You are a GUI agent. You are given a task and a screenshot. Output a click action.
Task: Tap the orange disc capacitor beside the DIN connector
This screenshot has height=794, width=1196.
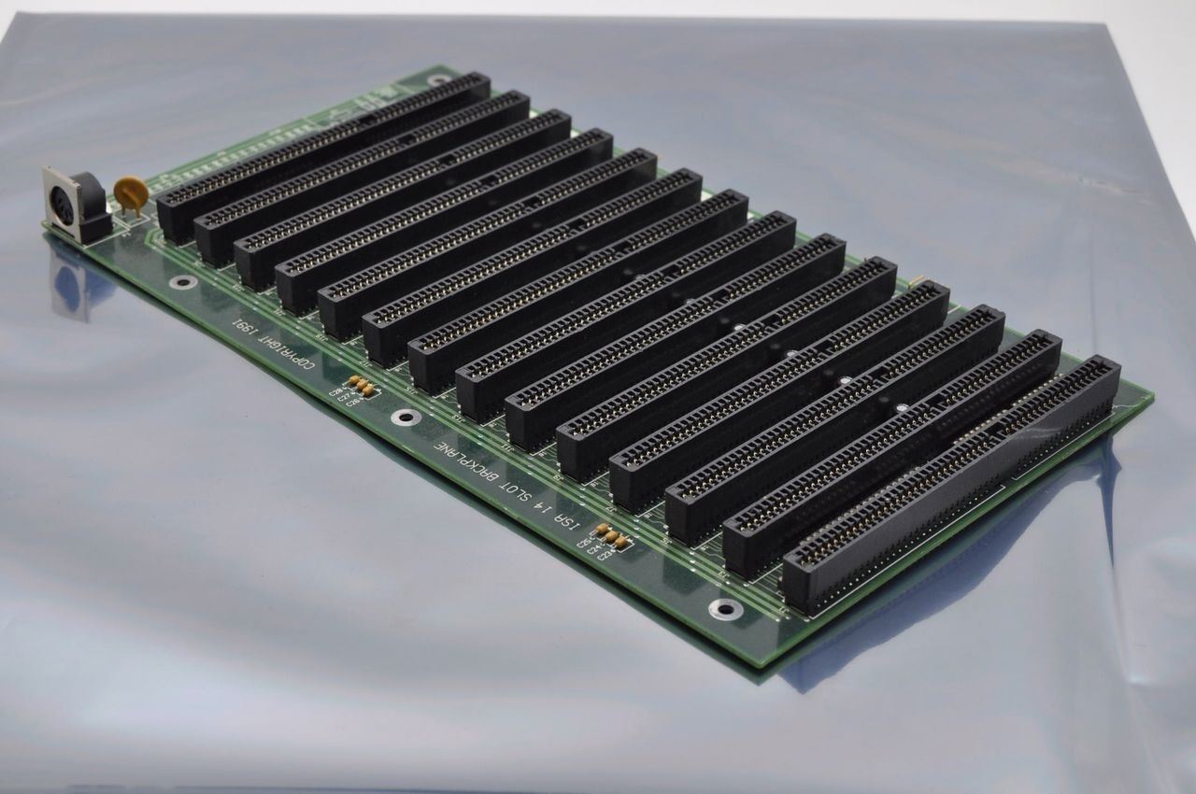pos(130,192)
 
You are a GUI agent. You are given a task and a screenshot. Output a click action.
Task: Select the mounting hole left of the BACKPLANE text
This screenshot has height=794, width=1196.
pos(404,417)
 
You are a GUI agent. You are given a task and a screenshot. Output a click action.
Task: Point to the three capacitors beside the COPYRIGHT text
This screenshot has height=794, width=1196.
pos(359,385)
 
